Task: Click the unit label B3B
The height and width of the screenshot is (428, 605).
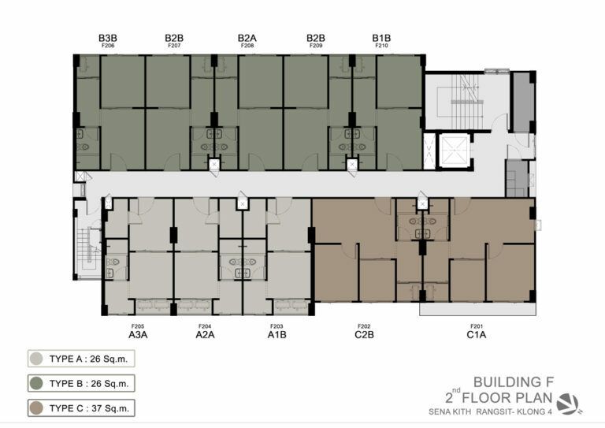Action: (x=108, y=38)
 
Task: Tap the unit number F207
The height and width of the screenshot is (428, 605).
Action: (x=174, y=46)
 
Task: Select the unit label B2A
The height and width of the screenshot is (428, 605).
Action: (x=247, y=38)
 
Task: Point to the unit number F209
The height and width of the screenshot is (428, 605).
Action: (x=316, y=46)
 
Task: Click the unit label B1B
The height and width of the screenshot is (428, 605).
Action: (x=381, y=38)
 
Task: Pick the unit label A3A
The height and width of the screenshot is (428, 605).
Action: (x=138, y=335)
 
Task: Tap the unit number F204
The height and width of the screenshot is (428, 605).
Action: (x=205, y=326)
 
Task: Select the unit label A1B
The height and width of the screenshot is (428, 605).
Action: (x=277, y=335)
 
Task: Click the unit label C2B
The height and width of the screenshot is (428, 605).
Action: (x=364, y=335)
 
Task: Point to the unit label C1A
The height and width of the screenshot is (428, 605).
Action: (x=476, y=335)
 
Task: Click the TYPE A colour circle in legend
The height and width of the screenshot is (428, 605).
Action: (x=36, y=359)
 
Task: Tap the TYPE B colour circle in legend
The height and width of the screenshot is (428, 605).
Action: (x=36, y=383)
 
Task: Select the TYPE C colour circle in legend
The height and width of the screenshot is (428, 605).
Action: (x=36, y=408)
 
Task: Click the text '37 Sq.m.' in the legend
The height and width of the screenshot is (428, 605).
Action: (x=110, y=408)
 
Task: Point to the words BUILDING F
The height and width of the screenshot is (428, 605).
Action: (x=514, y=382)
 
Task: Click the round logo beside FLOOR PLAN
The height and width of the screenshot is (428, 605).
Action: (x=568, y=404)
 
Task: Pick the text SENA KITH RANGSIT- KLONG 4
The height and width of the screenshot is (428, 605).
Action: (x=490, y=411)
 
